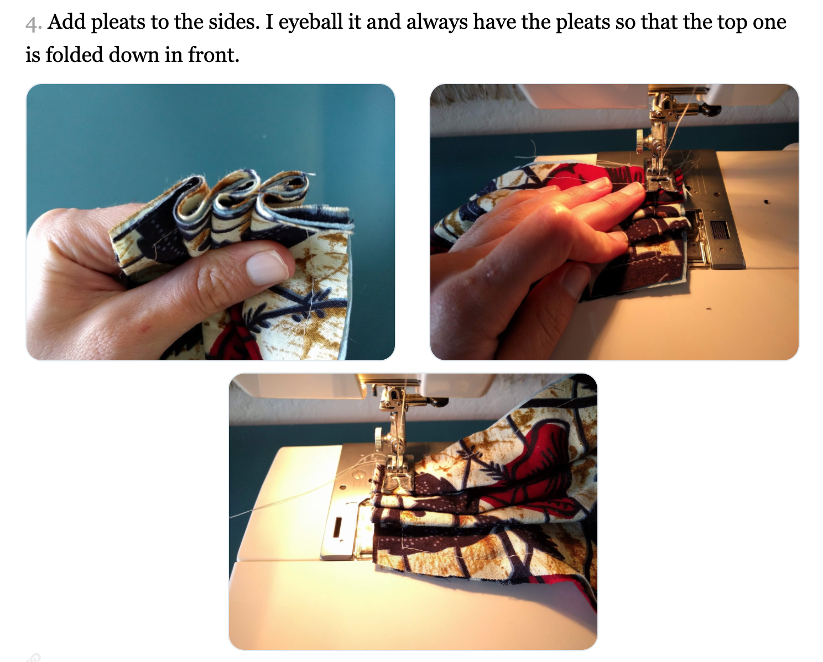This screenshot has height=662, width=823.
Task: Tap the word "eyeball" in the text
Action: coord(310,22)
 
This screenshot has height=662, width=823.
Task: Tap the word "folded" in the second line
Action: coord(74,55)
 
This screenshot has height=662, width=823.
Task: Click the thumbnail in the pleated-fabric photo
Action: coord(266,267)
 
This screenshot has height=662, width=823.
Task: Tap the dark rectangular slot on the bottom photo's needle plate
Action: coord(338,528)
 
